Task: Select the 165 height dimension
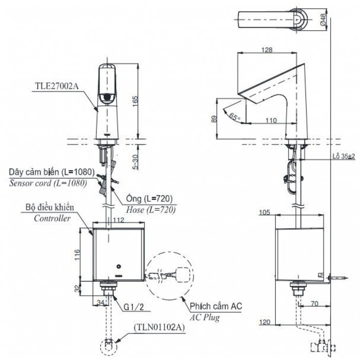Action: coord(136,100)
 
